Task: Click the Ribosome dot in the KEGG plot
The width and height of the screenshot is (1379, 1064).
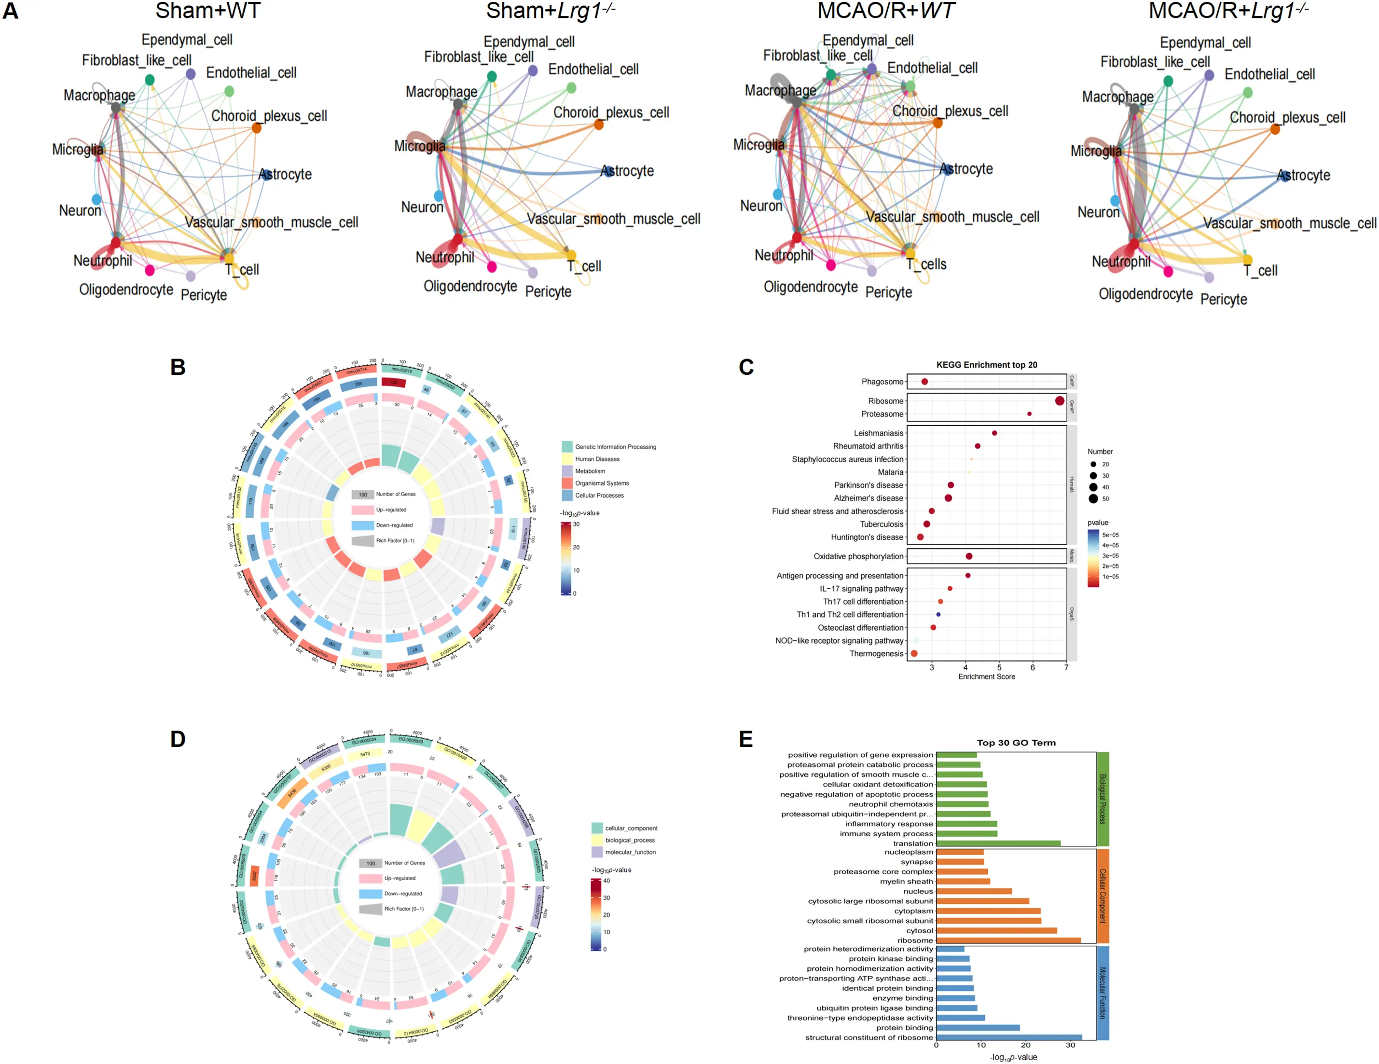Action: (1060, 401)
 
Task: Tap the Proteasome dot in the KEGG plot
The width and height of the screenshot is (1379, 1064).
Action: (1029, 414)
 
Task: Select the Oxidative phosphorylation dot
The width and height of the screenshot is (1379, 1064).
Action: (968, 556)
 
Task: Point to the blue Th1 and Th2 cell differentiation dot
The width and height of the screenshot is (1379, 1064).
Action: (938, 614)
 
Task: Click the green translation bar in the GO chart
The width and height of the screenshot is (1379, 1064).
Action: (998, 843)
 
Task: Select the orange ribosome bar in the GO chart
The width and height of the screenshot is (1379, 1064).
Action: (1008, 940)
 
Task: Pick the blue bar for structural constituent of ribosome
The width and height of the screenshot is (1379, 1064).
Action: (1009, 1037)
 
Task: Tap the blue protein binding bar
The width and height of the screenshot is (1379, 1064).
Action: (978, 1027)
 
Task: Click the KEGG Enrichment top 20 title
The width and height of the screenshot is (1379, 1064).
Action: (986, 365)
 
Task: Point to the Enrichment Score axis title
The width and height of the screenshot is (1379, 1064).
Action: (986, 677)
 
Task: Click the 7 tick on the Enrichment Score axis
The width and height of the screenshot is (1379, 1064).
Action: (1066, 667)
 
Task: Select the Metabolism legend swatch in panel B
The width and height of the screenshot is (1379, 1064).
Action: (567, 471)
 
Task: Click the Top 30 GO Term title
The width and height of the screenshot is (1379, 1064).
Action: (1016, 743)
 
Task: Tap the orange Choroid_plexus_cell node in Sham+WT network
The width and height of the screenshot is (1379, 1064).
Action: (256, 128)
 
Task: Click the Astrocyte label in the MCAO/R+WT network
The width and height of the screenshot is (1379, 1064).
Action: (966, 169)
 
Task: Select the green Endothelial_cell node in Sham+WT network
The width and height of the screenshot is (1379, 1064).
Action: (229, 92)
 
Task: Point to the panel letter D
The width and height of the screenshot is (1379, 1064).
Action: (178, 739)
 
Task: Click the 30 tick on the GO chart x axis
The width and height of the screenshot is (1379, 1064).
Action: (1070, 1046)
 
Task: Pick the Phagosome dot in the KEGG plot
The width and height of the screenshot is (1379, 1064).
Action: (924, 381)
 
